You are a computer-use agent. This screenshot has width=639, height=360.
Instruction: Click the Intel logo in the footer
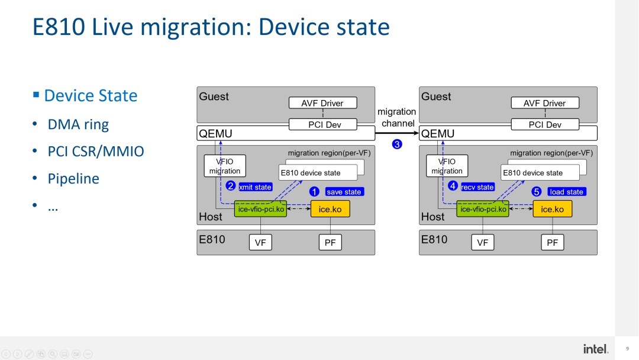[x=595, y=349]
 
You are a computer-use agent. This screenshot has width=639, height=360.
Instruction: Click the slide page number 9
[x=627, y=349]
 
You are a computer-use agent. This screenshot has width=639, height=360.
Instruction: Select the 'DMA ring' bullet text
[x=78, y=124]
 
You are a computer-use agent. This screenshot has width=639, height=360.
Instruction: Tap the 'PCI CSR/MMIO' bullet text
[x=96, y=152]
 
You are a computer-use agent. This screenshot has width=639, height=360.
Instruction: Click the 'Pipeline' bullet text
[x=73, y=179]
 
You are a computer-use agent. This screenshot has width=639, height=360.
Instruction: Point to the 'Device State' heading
[x=91, y=96]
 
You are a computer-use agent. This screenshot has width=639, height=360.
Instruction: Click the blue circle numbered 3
[x=397, y=144]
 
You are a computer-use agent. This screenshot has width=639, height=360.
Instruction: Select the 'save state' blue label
[x=344, y=192]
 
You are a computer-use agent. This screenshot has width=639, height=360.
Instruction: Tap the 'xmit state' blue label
[x=255, y=187]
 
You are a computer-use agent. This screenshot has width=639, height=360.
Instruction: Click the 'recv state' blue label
[x=477, y=187]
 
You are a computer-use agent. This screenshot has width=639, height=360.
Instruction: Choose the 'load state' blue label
[x=566, y=192]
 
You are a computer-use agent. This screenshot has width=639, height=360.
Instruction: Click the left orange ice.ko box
[x=330, y=209]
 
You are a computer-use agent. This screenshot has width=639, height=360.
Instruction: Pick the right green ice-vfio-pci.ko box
[x=483, y=209]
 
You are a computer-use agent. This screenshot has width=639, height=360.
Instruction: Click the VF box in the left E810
[x=260, y=242]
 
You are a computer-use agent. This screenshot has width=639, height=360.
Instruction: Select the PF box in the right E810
[x=552, y=242]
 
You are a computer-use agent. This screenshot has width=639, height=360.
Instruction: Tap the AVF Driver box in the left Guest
[x=322, y=103]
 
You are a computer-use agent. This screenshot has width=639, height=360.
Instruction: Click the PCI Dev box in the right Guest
[x=545, y=125]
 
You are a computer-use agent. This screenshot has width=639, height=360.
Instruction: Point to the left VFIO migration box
[x=224, y=166]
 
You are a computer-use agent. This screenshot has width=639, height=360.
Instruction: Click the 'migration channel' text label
[x=397, y=117]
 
